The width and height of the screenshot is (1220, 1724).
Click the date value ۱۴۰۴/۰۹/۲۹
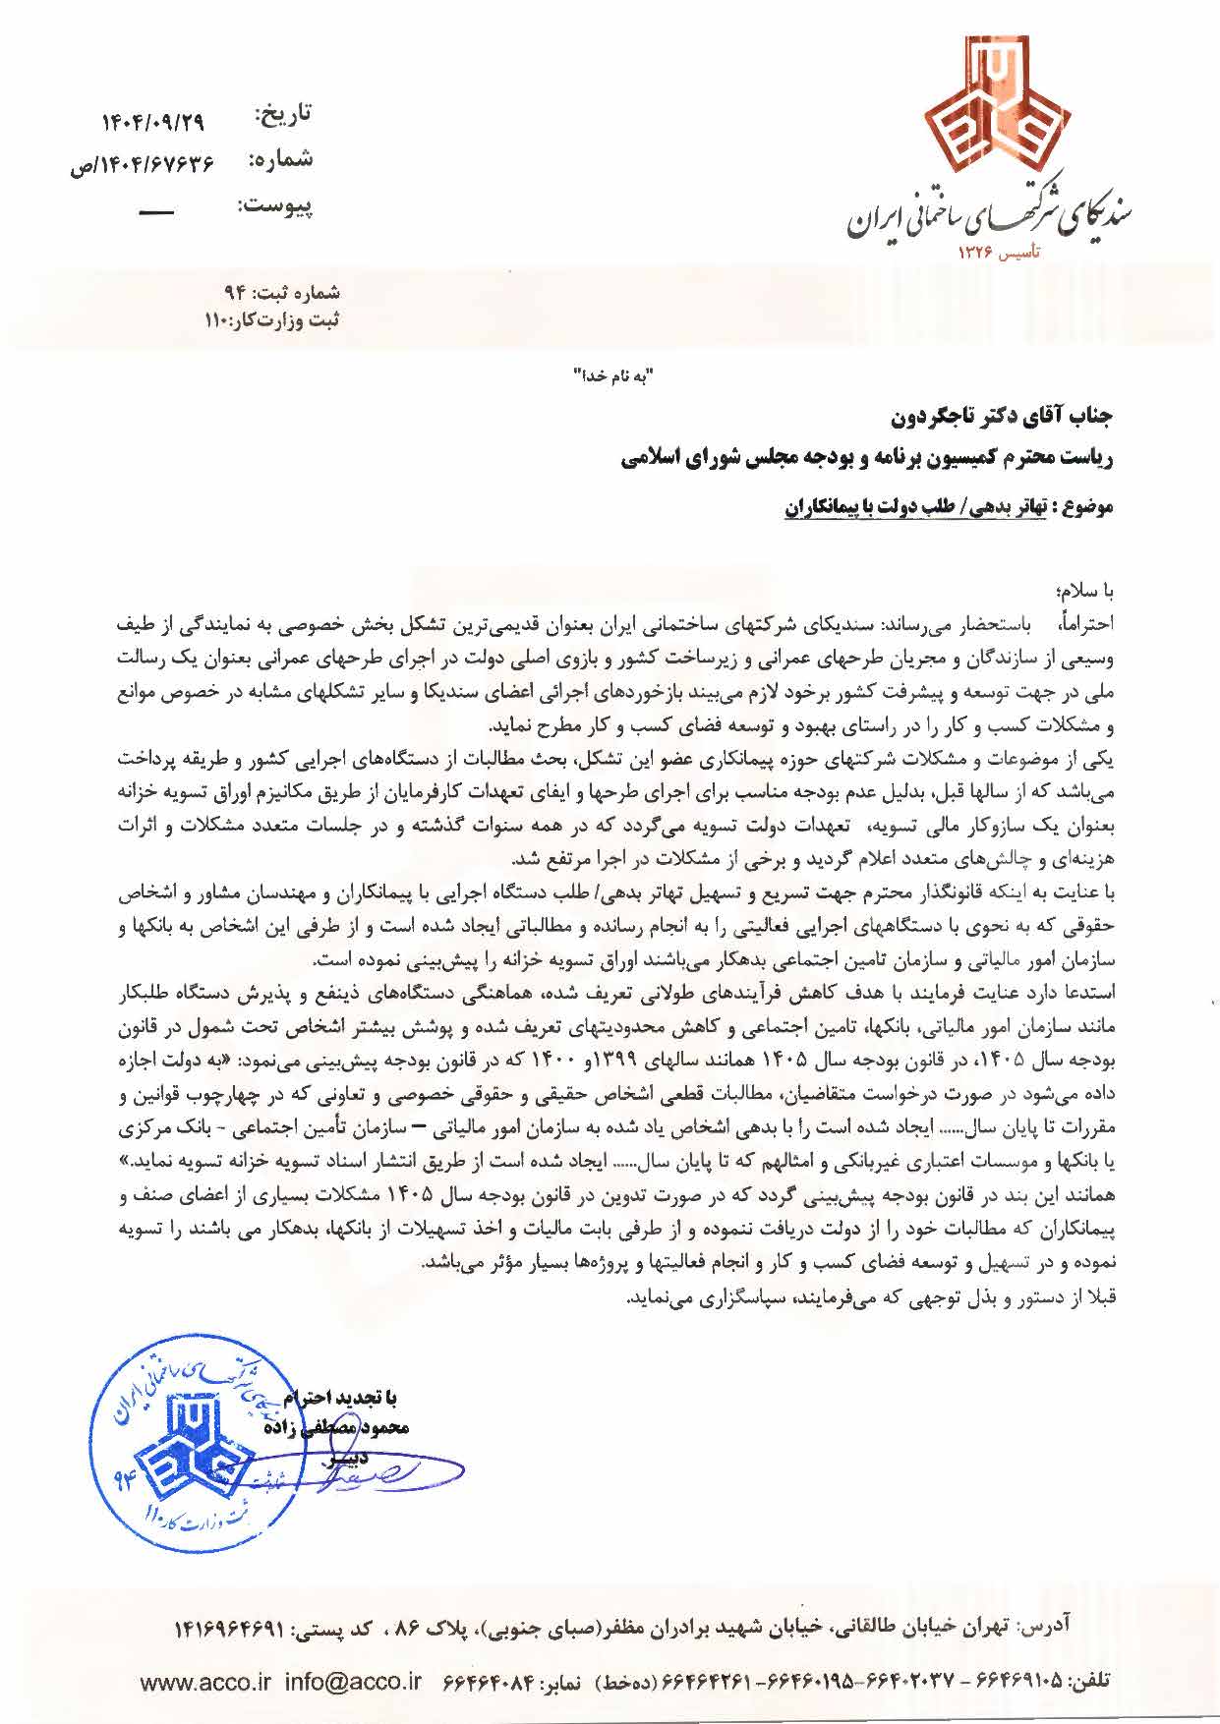click(x=152, y=124)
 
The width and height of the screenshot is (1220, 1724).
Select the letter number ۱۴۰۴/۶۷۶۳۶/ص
click(x=142, y=164)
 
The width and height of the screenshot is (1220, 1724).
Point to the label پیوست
click(x=274, y=206)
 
